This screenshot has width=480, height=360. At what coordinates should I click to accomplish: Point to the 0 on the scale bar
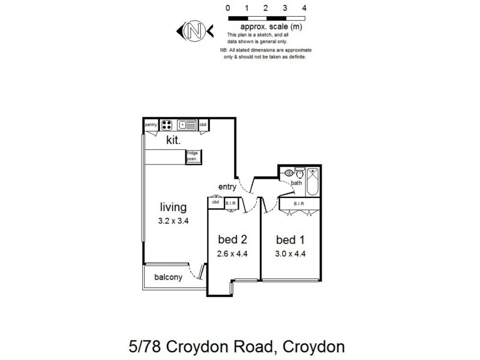tap(228, 8)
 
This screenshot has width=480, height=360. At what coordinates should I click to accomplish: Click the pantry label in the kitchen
tap(151, 125)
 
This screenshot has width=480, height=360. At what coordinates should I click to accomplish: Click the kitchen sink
tap(187, 125)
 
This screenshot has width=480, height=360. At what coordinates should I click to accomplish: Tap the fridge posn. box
tap(193, 156)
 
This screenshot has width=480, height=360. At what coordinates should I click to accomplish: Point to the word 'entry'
tap(227, 186)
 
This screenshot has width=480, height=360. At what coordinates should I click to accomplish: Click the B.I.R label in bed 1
tap(299, 204)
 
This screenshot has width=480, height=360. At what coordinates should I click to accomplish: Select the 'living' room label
tap(173, 208)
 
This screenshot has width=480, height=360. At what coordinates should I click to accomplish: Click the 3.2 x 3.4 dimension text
tap(173, 221)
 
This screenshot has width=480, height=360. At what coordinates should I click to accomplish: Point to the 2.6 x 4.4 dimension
tap(232, 253)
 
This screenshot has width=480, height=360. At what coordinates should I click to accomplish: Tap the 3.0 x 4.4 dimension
tap(290, 253)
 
